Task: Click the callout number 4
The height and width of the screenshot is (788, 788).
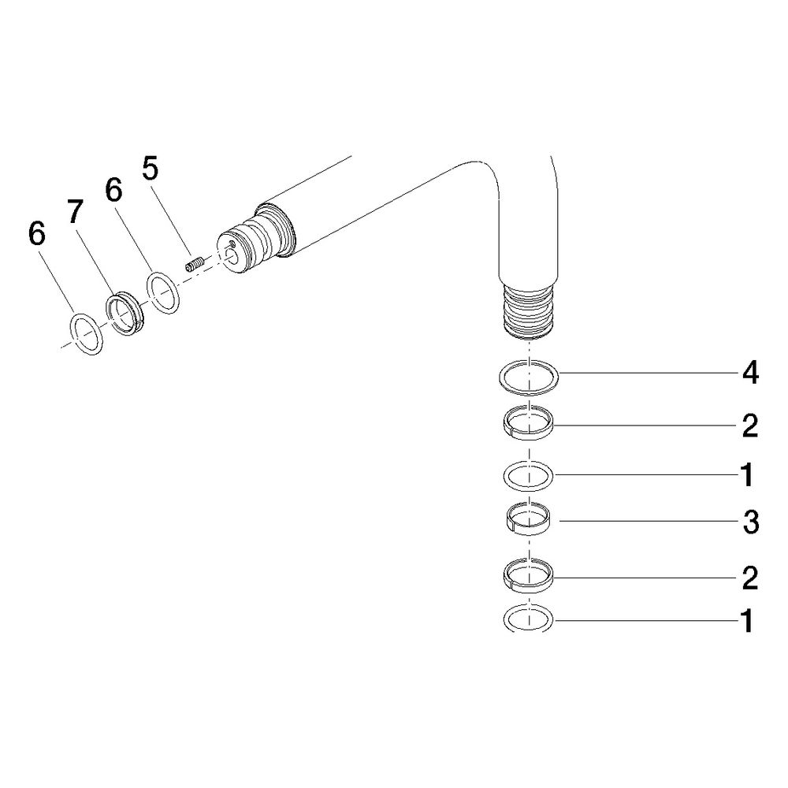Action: pos(750,373)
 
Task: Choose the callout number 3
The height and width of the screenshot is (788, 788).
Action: pos(751,522)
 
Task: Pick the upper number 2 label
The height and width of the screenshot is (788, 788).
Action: pos(750,426)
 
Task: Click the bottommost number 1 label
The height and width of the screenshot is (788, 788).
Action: pos(747,621)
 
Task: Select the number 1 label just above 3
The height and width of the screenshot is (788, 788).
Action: pos(747,475)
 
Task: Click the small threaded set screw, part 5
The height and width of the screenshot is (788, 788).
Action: pos(195,264)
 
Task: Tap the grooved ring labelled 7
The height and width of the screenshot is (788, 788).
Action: pos(125,314)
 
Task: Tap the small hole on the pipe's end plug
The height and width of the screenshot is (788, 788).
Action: pos(232,243)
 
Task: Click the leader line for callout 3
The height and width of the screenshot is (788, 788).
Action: pos(650,521)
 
